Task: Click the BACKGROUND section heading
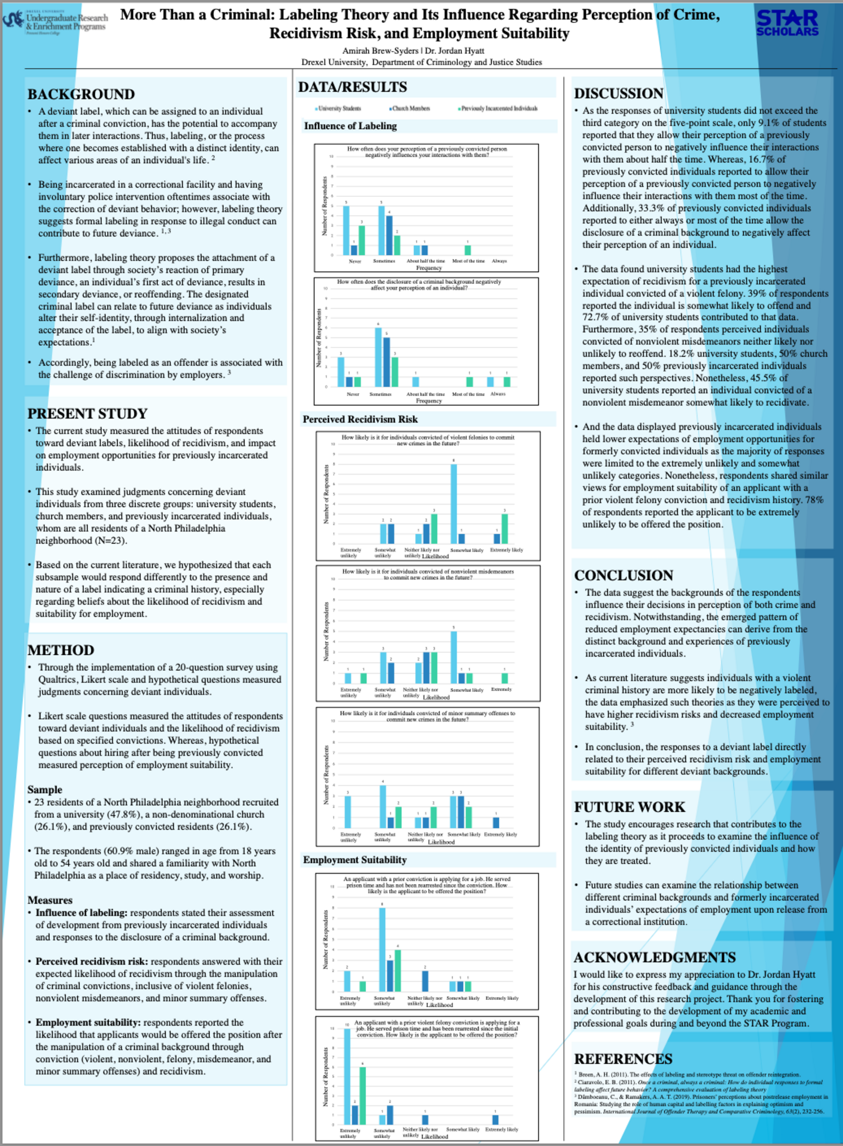(x=81, y=95)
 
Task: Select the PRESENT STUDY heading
(x=87, y=414)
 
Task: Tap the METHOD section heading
(x=61, y=650)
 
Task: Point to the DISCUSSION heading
(x=619, y=93)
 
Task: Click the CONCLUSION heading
(x=624, y=576)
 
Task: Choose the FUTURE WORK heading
(x=629, y=807)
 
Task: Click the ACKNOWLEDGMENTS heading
(x=654, y=957)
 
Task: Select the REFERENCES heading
(x=623, y=1059)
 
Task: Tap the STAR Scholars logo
(x=787, y=22)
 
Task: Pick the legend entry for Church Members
(x=410, y=109)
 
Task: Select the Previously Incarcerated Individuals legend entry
(x=497, y=109)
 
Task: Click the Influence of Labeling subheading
(x=350, y=126)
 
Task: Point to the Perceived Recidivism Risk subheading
(x=360, y=419)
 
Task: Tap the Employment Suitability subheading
(x=354, y=859)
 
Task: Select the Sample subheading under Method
(x=45, y=790)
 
